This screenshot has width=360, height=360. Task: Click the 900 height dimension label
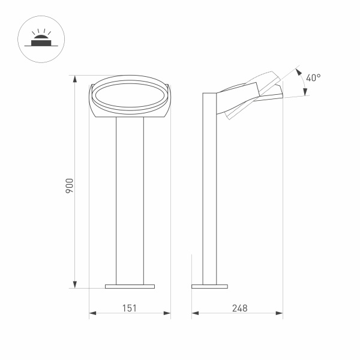click(x=70, y=185)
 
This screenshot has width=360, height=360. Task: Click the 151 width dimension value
click(x=130, y=308)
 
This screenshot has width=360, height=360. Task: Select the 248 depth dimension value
click(x=238, y=308)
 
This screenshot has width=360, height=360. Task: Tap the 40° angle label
click(x=313, y=78)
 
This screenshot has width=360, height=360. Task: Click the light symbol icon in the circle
click(x=40, y=40)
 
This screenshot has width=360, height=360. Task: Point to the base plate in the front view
click(x=130, y=286)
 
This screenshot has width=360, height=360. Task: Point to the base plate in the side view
click(x=209, y=286)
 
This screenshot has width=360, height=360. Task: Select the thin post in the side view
click(x=209, y=192)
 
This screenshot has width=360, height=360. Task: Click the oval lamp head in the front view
click(x=130, y=96)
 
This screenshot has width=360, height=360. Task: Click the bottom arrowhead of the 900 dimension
click(x=76, y=284)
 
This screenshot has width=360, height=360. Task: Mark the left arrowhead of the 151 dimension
click(x=92, y=313)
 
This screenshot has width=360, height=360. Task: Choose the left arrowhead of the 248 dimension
click(x=194, y=313)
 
